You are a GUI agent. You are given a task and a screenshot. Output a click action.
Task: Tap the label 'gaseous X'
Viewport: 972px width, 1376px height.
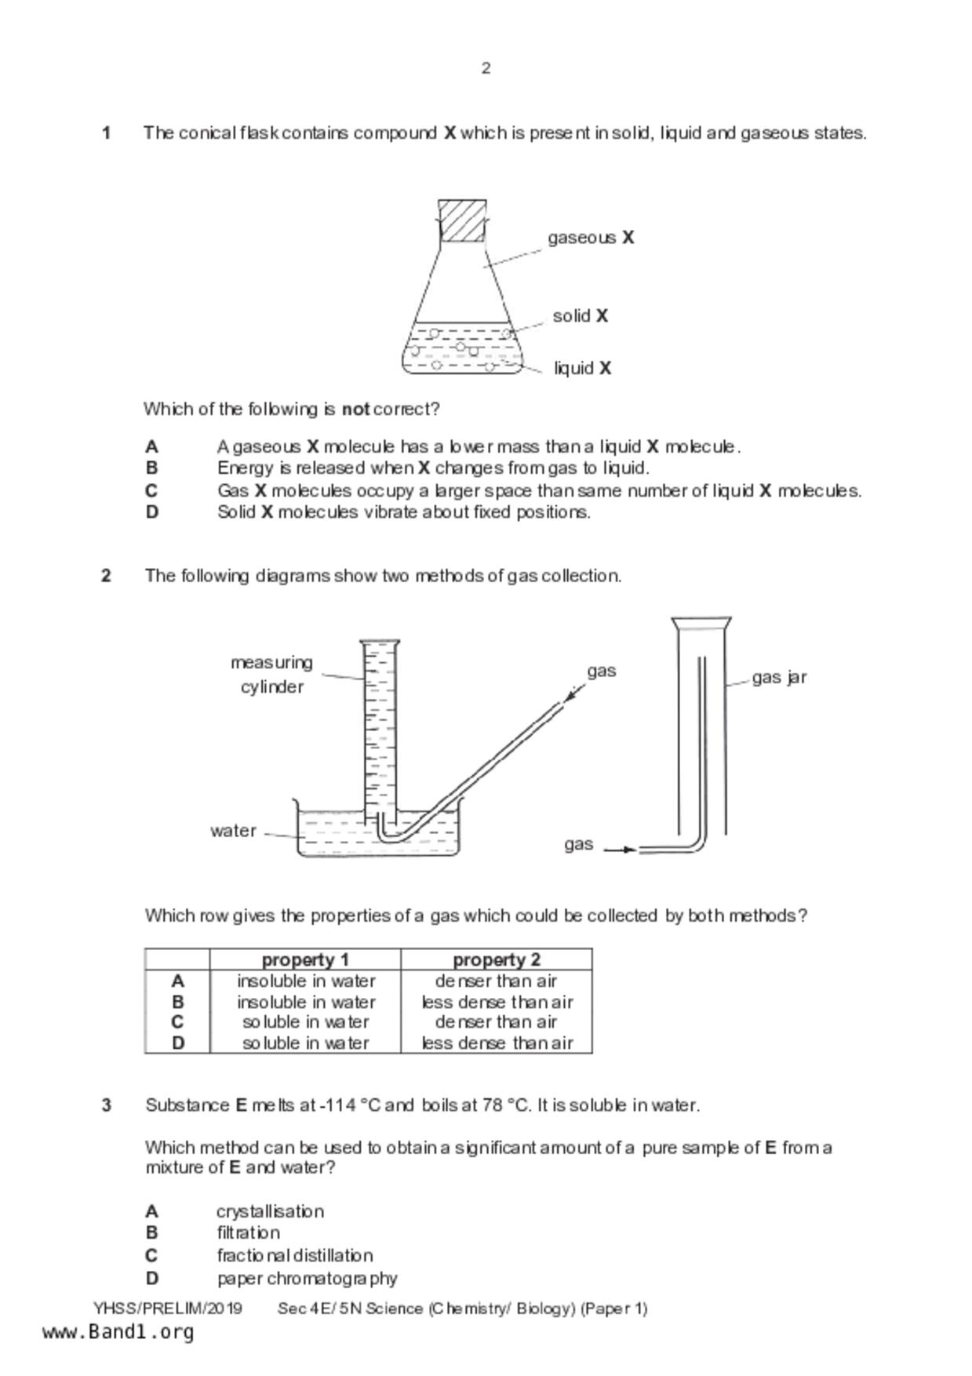(590, 237)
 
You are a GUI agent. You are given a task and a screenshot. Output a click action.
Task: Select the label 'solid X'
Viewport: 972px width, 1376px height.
(580, 315)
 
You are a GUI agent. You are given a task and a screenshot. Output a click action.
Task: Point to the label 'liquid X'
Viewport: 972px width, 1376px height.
(581, 368)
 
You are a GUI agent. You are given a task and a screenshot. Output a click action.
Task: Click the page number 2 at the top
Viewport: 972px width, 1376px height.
(486, 68)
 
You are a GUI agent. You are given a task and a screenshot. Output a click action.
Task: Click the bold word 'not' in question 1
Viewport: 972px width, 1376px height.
(355, 409)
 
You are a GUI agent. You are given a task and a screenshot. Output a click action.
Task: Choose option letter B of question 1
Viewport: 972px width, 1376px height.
(151, 468)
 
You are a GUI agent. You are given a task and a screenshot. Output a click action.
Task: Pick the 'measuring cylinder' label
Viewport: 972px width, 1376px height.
(271, 674)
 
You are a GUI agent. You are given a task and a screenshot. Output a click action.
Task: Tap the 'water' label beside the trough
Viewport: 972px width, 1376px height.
(233, 831)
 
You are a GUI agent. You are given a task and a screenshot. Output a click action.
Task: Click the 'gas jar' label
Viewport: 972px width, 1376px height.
(778, 677)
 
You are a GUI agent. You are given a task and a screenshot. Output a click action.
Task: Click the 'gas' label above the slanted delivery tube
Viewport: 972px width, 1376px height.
(601, 671)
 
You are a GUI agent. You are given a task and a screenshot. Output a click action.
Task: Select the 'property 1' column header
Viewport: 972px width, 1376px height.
(305, 959)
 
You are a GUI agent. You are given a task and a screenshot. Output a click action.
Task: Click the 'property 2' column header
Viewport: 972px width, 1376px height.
(496, 959)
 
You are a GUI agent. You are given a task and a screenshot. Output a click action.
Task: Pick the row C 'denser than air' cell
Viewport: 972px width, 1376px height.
(496, 1022)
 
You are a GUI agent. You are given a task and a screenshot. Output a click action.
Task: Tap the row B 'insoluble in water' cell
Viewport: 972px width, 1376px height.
(306, 1002)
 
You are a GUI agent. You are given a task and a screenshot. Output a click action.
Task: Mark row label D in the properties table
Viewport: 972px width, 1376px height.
(178, 1043)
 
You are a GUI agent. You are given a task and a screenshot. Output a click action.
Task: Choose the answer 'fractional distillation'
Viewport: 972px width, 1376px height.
(295, 1255)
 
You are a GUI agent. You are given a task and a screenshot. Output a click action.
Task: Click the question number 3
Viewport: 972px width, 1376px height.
(106, 1105)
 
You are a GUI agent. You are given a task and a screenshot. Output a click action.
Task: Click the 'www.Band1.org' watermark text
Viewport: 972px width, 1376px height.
(118, 1332)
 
